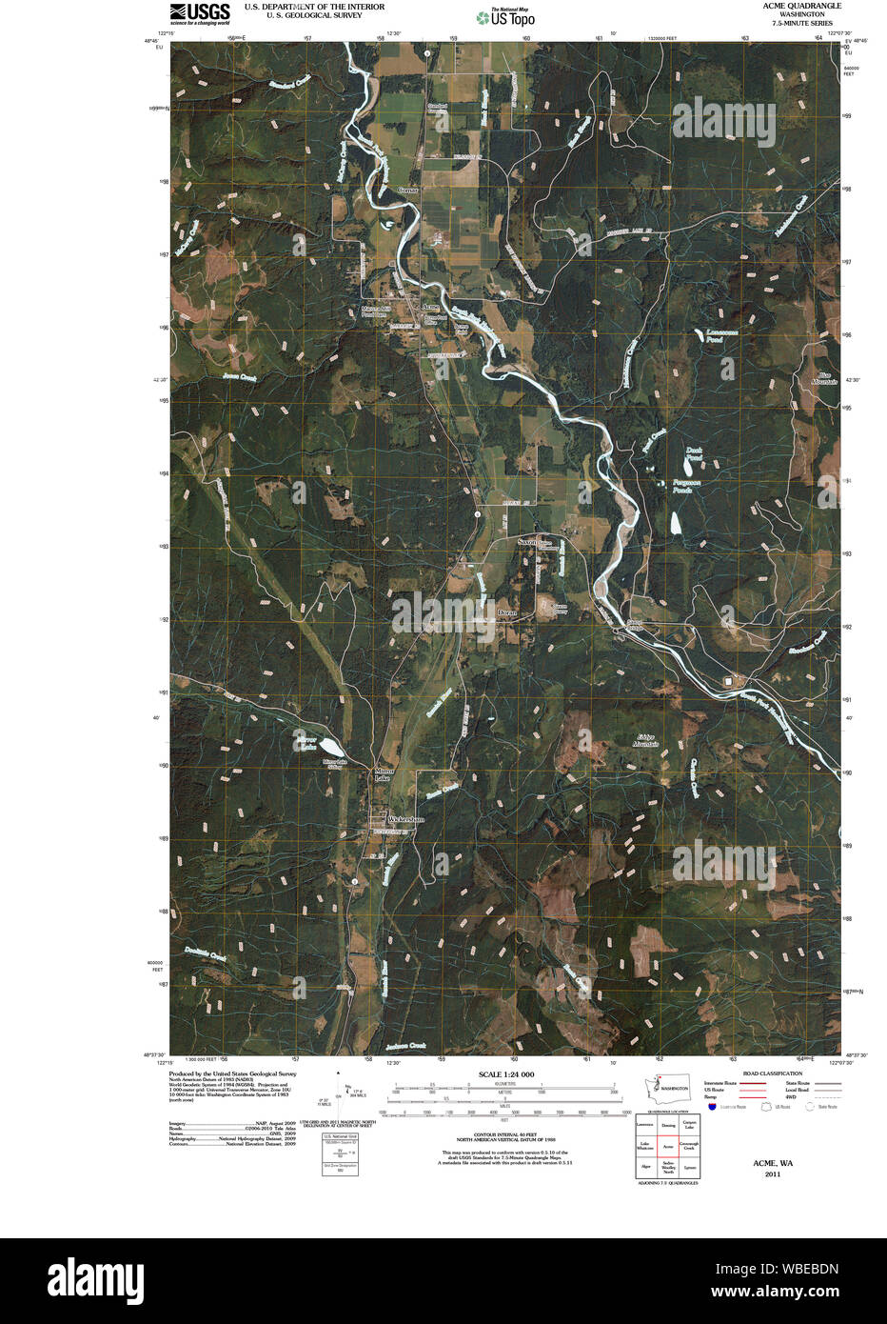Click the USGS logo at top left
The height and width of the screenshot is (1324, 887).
[x=200, y=12]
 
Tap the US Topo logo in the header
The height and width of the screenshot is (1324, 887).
[x=505, y=17]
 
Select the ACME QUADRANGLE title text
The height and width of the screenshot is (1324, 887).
[x=801, y=6]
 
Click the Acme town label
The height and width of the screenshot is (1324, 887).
[x=431, y=307]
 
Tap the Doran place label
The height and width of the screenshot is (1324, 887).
[x=506, y=612]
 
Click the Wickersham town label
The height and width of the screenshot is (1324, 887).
[x=405, y=819]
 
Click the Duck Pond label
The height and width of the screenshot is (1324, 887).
[x=694, y=455]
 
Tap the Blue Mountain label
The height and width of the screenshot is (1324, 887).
[x=824, y=378]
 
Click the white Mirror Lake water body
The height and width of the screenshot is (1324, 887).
[x=326, y=746]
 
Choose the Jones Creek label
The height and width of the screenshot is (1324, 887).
[x=240, y=377]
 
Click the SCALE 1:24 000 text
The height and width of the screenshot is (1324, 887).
[x=506, y=1074]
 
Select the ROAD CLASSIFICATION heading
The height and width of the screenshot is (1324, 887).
[x=772, y=1073]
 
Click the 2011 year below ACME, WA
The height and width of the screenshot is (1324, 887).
[x=772, y=1174]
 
